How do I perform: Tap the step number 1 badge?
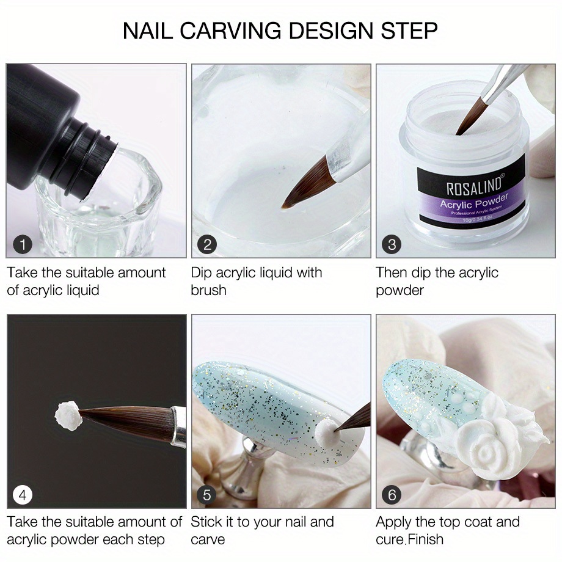(x=23, y=245)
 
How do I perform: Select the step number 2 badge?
(x=207, y=245)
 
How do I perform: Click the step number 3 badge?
(x=392, y=245)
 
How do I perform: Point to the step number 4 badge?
(x=23, y=494)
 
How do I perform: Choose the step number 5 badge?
(x=207, y=494)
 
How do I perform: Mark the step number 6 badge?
(x=392, y=494)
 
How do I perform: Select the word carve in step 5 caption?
(x=208, y=539)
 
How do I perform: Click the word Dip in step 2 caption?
(x=202, y=272)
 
